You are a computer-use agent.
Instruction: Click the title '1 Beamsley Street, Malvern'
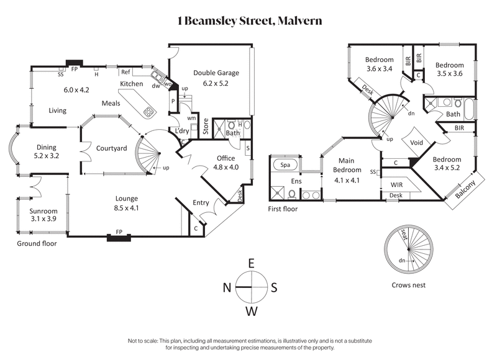pyautogui.click(x=248, y=20)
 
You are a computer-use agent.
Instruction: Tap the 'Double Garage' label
pyautogui.click(x=216, y=73)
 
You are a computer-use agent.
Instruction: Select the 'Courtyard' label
pyautogui.click(x=111, y=148)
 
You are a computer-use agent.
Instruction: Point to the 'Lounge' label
pyautogui.click(x=126, y=199)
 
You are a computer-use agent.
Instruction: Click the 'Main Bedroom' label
pyautogui.click(x=346, y=165)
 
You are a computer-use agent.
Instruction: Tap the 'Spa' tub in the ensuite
pyautogui.click(x=286, y=166)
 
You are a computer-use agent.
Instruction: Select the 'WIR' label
pyautogui.click(x=397, y=185)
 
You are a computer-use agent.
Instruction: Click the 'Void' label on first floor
pyautogui.click(x=418, y=142)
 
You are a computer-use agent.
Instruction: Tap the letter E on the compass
pyautogui.click(x=251, y=263)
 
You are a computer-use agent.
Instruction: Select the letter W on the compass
pyautogui.click(x=251, y=311)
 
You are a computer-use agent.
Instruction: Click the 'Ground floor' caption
pyautogui.click(x=36, y=244)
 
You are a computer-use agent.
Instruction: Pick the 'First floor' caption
pyautogui.click(x=283, y=209)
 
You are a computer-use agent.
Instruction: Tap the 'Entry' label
pyautogui.click(x=201, y=203)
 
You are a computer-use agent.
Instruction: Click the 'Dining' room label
pyautogui.click(x=46, y=147)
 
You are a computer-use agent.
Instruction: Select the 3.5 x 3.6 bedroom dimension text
pyautogui.click(x=449, y=73)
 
